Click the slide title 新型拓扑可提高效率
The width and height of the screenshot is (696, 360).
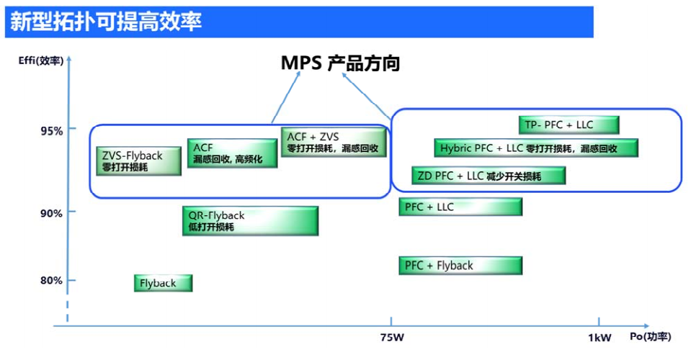[106, 22]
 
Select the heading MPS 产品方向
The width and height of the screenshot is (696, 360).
[341, 63]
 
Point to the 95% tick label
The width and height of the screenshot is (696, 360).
[52, 131]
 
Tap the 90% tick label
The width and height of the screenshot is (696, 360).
[52, 213]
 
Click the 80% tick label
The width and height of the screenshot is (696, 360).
[52, 281]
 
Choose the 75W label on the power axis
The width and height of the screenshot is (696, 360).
[392, 338]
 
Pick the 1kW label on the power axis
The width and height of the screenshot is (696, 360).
[599, 338]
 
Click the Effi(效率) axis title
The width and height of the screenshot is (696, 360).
[41, 60]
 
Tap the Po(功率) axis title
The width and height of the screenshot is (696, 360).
[651, 337]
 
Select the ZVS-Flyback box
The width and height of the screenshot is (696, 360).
[139, 161]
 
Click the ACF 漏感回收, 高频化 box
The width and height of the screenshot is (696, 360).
[232, 153]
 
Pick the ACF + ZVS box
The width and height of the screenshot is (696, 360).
[334, 143]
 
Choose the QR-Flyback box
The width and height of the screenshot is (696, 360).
[250, 221]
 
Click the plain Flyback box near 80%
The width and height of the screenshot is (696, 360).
[164, 283]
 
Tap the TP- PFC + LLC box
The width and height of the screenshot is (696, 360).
[569, 125]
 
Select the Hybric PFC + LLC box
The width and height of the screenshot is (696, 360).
[536, 148]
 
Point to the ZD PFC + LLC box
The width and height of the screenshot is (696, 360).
[488, 176]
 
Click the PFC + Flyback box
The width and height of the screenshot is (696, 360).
[460, 266]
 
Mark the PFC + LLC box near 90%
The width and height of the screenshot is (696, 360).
[460, 207]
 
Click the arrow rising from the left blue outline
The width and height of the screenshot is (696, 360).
[286, 97]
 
